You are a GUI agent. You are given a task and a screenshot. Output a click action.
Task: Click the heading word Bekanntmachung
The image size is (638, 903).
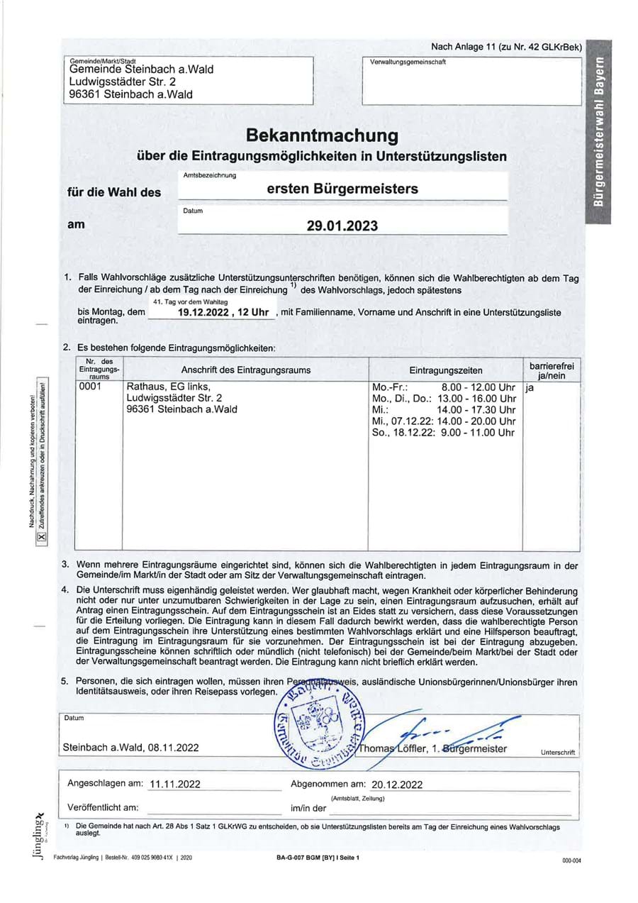click(322, 135)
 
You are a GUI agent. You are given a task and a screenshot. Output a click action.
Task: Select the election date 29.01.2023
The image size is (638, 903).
click(342, 226)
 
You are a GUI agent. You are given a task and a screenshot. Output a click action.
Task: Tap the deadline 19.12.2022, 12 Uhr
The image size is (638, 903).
click(223, 311)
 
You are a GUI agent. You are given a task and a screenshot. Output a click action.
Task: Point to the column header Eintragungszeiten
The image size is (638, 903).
click(446, 370)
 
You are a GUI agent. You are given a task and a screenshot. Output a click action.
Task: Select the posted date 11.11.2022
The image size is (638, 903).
click(174, 785)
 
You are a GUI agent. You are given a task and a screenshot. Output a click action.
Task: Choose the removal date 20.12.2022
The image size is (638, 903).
click(396, 785)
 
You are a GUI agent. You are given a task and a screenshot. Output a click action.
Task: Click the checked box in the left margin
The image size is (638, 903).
click(40, 538)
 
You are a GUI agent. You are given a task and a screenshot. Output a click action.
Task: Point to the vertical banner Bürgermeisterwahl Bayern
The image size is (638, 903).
click(599, 131)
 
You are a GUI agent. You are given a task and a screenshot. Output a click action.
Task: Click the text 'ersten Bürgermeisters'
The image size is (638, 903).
click(342, 189)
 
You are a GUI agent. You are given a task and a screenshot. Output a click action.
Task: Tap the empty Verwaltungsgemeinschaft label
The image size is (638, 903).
click(408, 62)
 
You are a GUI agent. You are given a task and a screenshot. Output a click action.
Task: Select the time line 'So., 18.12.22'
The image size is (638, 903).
click(443, 433)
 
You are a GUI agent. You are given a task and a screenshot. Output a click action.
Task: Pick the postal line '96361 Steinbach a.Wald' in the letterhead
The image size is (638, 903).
click(131, 94)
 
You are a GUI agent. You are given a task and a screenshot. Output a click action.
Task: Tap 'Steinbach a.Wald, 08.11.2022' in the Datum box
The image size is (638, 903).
click(131, 747)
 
